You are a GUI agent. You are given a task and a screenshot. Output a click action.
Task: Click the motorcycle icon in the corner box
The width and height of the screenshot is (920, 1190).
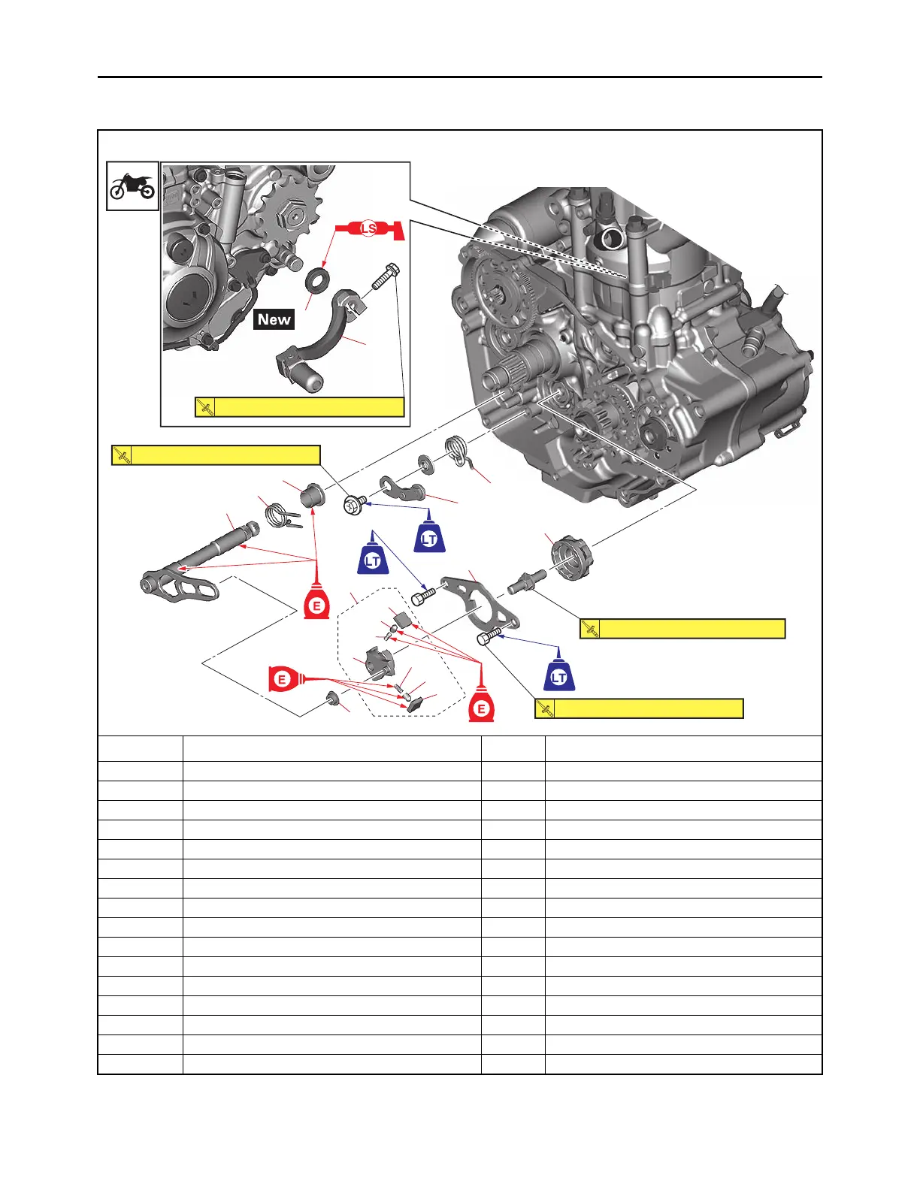(132, 186)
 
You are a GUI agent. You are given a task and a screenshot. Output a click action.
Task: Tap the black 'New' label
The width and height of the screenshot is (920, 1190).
(274, 319)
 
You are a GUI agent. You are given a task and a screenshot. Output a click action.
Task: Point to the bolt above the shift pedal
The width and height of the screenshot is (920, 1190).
(386, 278)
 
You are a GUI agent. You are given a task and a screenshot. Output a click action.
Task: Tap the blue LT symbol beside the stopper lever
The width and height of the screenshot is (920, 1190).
(429, 536)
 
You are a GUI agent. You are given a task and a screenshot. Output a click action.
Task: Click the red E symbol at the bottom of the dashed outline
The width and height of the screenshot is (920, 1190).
(481, 707)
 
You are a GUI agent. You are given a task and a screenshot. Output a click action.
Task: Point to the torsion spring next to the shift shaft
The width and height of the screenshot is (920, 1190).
(280, 517)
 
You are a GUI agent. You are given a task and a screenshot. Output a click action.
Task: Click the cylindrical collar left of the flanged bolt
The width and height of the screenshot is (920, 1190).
(313, 496)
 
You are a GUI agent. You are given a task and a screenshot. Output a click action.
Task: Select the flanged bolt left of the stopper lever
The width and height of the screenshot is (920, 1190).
(354, 505)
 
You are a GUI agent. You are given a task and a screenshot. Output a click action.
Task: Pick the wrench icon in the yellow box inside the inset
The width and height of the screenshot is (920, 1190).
(204, 407)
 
